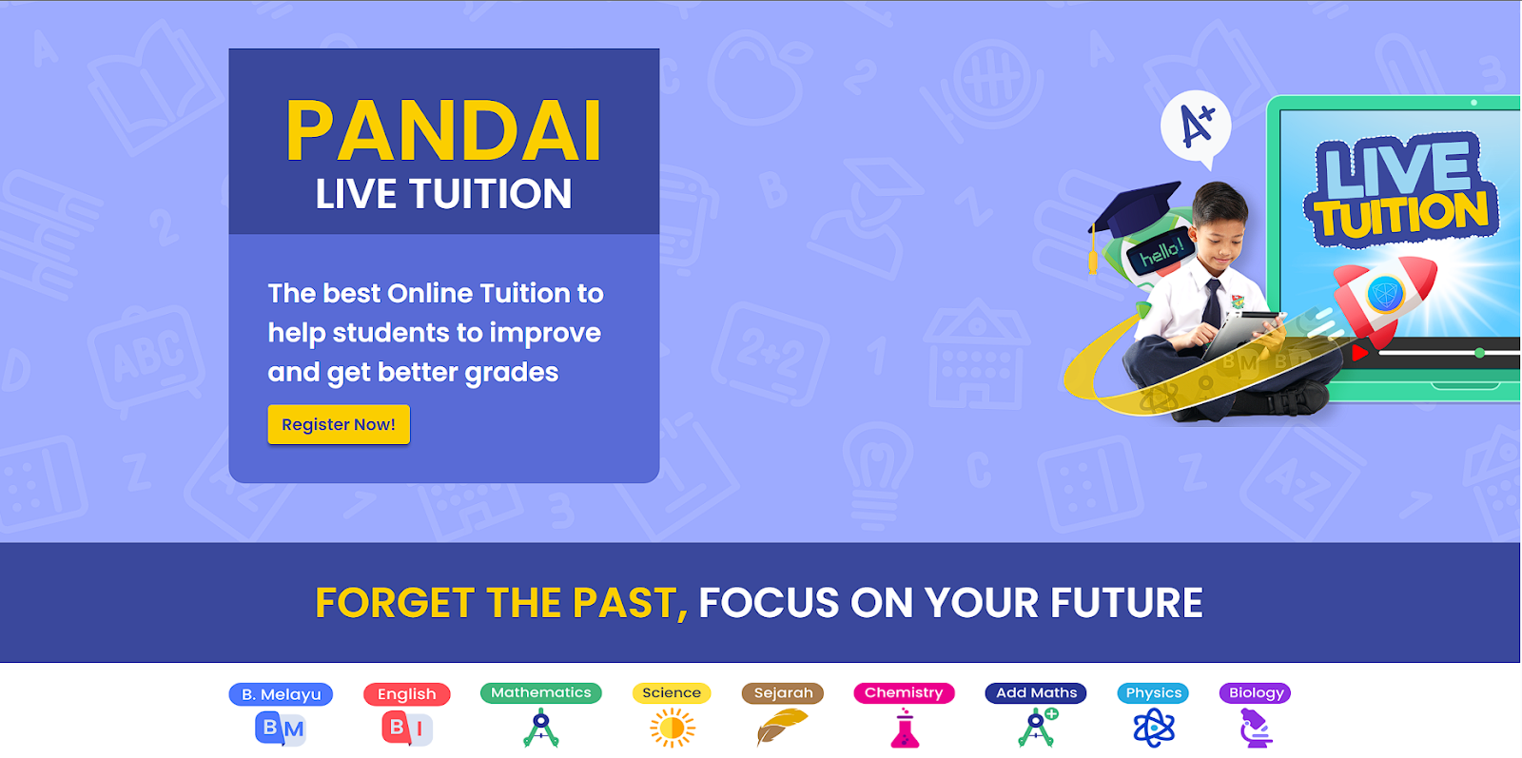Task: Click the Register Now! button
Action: click(339, 424)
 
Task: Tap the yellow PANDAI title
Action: click(443, 130)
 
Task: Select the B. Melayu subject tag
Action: click(281, 694)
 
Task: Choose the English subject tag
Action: click(406, 694)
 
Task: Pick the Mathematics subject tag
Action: click(541, 692)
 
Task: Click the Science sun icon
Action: click(672, 728)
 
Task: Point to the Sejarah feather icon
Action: click(782, 726)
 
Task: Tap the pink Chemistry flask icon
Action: click(905, 729)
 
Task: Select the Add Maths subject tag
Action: click(1036, 692)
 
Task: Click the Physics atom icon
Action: click(1154, 728)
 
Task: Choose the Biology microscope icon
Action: click(1255, 728)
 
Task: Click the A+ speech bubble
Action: click(1196, 127)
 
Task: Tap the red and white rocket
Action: click(1383, 297)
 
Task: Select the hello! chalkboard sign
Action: click(1161, 252)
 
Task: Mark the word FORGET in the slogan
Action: click(394, 602)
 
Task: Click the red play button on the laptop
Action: click(1359, 353)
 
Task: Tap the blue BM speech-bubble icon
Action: click(280, 729)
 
